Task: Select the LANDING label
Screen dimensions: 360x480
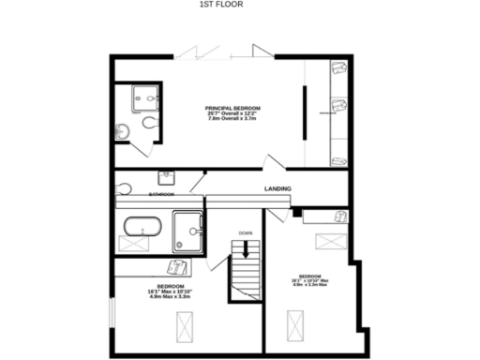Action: point(277,189)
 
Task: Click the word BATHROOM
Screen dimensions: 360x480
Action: point(161,194)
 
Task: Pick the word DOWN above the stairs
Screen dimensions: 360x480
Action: point(246,232)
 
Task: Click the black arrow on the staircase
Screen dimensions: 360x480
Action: point(246,247)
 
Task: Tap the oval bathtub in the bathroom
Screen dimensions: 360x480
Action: point(143,226)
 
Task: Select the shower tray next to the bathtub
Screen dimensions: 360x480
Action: point(187,231)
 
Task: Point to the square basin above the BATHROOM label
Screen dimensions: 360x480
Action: point(166,177)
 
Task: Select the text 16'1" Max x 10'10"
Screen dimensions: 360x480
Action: point(170,291)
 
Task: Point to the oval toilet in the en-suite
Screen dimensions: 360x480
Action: point(148,123)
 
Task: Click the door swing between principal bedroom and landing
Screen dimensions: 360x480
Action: point(274,161)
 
